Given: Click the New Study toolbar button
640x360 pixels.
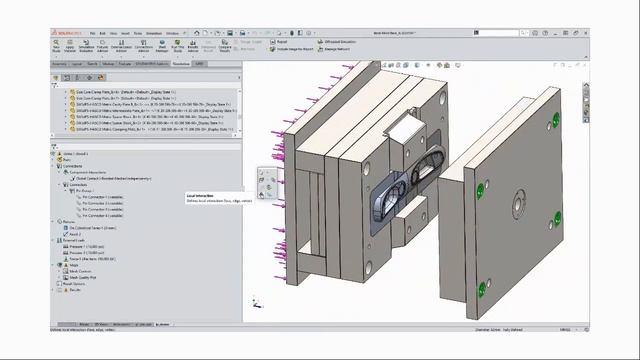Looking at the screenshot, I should [56, 46].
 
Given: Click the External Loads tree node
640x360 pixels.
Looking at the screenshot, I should [76, 240].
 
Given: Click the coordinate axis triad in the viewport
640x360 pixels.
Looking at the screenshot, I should [257, 301].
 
